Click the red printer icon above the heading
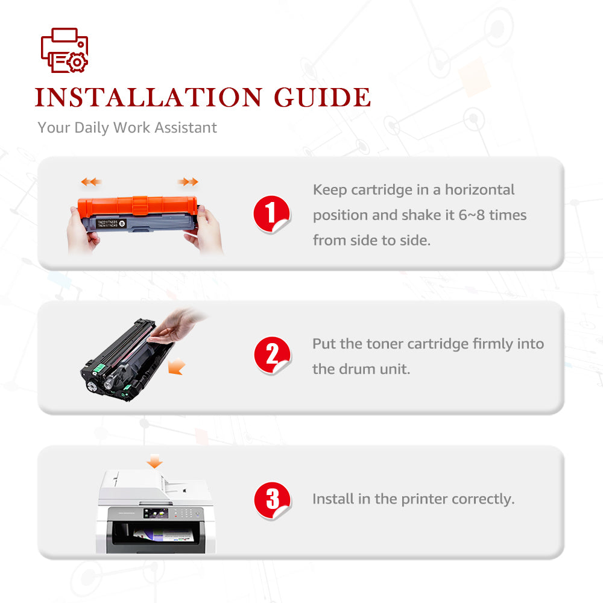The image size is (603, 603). point(65,50)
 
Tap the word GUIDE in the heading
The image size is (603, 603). point(322,97)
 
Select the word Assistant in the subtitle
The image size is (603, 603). point(185,127)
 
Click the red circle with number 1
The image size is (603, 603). point(271,214)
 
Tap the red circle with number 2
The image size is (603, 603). point(273,355)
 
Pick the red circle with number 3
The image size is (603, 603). point(273,500)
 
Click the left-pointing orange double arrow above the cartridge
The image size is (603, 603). point(91,182)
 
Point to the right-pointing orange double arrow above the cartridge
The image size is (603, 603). point(188,182)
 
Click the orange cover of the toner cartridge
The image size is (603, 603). point(137,206)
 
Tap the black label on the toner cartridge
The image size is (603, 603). point(111,224)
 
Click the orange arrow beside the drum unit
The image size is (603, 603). point(177,366)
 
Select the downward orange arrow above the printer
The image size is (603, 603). point(154,461)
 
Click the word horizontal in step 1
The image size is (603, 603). point(479,189)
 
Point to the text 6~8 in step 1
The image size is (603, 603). point(472,215)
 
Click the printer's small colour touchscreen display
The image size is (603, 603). point(156,513)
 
